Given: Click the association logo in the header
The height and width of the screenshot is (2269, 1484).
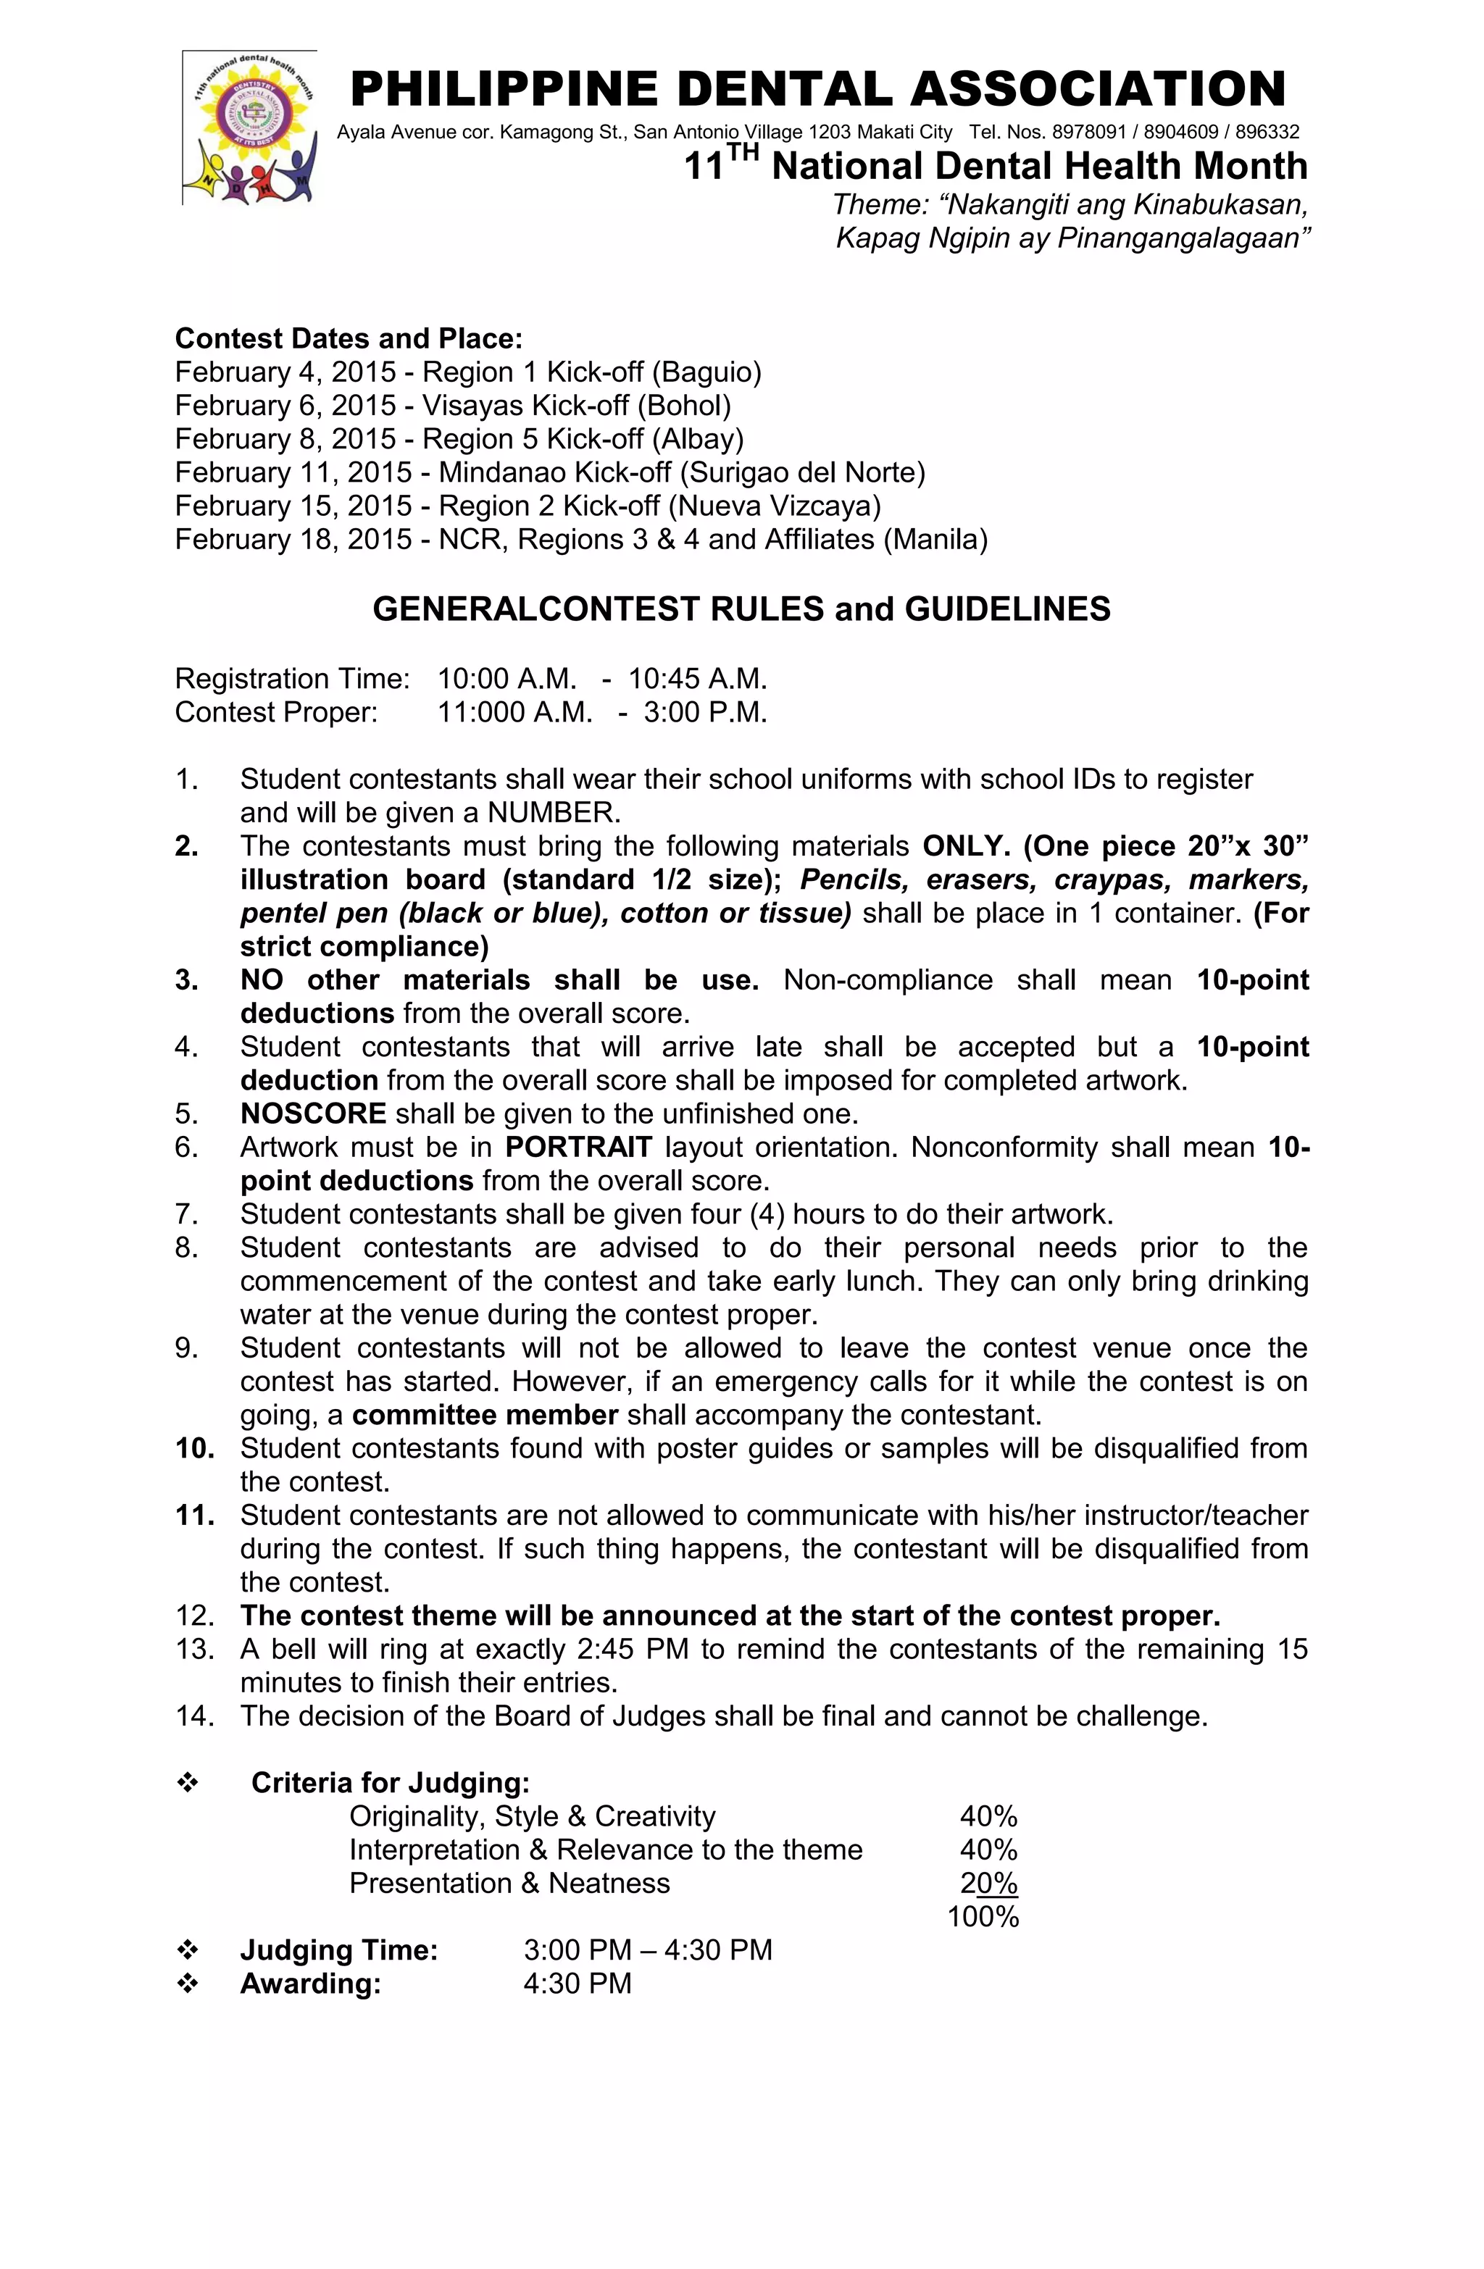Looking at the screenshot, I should (250, 127).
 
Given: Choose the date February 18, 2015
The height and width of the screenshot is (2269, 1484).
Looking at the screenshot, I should (293, 540).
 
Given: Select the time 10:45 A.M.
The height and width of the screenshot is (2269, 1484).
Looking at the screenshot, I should (697, 679).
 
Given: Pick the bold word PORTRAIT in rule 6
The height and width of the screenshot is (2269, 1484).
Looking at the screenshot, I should (578, 1147).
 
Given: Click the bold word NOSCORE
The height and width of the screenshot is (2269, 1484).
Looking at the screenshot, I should (313, 1113).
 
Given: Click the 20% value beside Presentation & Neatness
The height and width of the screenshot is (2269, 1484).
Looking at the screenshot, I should (988, 1884).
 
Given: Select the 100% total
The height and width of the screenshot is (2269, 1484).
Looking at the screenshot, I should (983, 1917).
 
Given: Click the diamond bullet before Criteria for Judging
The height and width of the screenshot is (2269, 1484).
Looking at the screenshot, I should (188, 1783).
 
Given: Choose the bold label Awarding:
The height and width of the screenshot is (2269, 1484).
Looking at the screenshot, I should (310, 1984).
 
